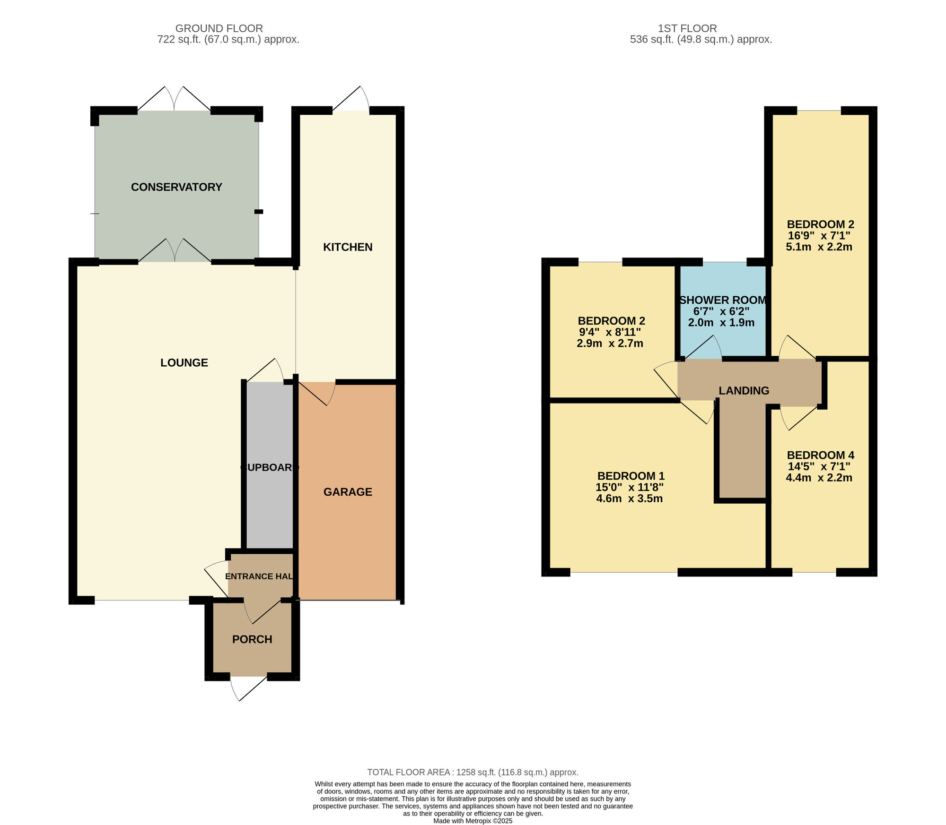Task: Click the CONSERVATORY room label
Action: pyautogui.click(x=176, y=187)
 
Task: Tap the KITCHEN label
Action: pyautogui.click(x=348, y=247)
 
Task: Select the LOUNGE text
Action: pyautogui.click(x=184, y=362)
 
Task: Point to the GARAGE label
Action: pyautogui.click(x=348, y=492)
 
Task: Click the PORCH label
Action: pyautogui.click(x=252, y=639)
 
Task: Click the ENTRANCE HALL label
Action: pyautogui.click(x=259, y=576)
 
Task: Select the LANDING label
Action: pyautogui.click(x=744, y=391)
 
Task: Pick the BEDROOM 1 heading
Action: pyautogui.click(x=631, y=476)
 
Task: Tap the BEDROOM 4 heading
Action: pyautogui.click(x=820, y=455)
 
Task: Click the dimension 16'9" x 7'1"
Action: pyautogui.click(x=819, y=236)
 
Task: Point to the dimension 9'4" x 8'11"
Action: pyautogui.click(x=610, y=332)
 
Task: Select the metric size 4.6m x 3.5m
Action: pyautogui.click(x=629, y=498)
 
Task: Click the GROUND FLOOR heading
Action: pyautogui.click(x=219, y=28)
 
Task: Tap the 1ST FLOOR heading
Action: pyautogui.click(x=687, y=28)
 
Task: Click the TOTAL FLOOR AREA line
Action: pyautogui.click(x=473, y=772)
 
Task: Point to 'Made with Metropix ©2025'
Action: pyautogui.click(x=473, y=821)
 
